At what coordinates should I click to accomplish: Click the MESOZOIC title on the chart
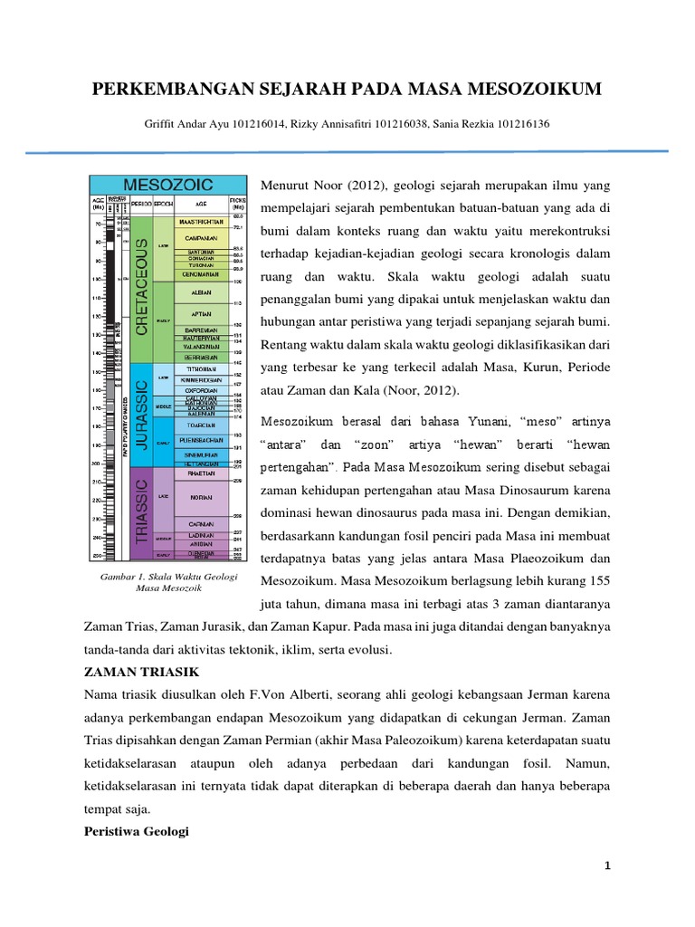pos(168,185)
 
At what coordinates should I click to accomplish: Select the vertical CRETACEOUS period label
pos(142,288)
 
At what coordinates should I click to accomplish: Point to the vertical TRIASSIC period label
pos(142,512)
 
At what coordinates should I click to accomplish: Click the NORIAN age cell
pos(202,497)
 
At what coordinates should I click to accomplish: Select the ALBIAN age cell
pos(202,292)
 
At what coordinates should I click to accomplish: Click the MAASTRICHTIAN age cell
pos(202,220)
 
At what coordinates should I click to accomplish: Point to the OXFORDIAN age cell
pos(202,390)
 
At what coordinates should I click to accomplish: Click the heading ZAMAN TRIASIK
pos(135,671)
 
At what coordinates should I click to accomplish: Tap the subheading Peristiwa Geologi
pos(136,830)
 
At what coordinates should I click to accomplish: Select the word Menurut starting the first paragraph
pos(286,186)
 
